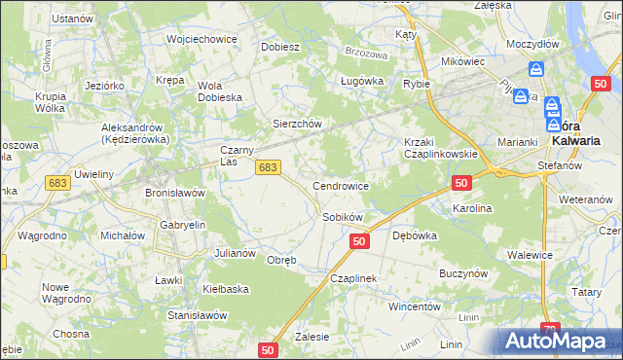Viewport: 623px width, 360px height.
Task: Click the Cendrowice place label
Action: coord(340,185)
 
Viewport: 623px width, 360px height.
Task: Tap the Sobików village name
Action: coord(343,217)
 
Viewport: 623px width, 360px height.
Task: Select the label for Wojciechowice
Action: coord(202,39)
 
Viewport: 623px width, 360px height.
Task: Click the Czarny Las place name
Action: coord(237,156)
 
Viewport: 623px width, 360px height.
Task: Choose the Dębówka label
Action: coord(414,235)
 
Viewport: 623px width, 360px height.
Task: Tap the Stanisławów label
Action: coord(197,315)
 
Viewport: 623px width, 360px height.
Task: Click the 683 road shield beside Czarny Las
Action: coord(269,168)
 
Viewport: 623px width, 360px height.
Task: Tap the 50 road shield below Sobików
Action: coord(359,241)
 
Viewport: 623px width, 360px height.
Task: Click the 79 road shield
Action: coord(551,331)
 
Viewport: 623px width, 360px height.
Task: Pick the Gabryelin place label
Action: coord(178,224)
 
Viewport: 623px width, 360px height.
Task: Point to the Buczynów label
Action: coord(462,274)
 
